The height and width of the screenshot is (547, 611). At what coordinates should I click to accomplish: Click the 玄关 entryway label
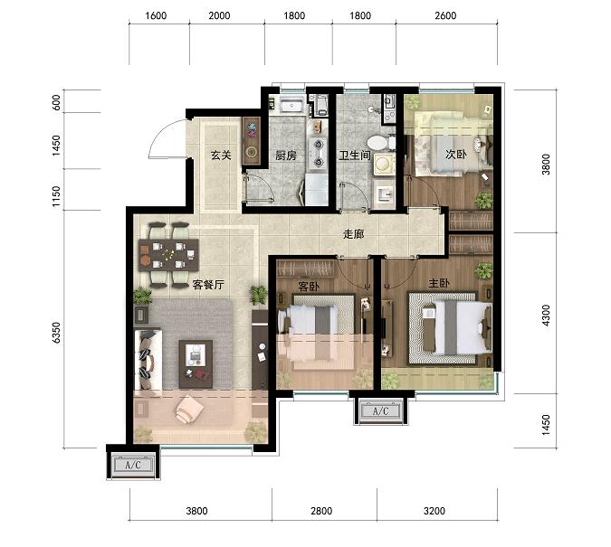[x=221, y=155]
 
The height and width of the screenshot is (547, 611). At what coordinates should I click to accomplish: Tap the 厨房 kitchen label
[x=286, y=156]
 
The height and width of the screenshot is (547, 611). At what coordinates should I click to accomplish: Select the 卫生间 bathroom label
[x=354, y=156]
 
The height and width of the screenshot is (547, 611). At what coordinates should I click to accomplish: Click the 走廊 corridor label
[x=353, y=233]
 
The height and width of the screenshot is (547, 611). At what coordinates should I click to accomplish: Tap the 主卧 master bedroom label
[x=439, y=283]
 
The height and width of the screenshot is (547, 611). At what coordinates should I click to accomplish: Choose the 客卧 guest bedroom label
[x=309, y=287]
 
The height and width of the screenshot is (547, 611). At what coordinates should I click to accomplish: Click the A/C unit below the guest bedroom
[x=379, y=410]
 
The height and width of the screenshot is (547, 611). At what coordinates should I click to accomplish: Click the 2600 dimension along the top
[x=444, y=15]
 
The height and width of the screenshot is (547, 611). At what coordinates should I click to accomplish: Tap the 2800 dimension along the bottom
[x=321, y=511]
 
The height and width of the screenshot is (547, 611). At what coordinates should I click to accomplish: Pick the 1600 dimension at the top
[x=156, y=15]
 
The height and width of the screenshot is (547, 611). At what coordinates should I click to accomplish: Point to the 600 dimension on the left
[x=56, y=102]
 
